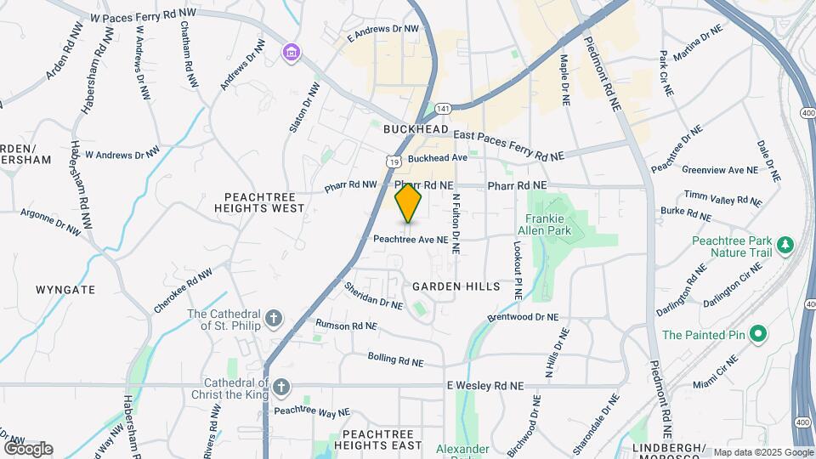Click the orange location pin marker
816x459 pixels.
409,204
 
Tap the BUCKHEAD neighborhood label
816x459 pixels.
415,129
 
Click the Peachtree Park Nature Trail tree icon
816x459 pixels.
786,246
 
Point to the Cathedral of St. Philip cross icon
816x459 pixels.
273,319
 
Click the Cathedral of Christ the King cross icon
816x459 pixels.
281,389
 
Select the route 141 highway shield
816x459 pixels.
441,108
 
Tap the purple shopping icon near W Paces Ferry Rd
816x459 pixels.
292,53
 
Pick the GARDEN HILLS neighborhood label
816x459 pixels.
456,287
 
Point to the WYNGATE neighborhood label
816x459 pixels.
65,290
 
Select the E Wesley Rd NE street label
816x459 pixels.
485,386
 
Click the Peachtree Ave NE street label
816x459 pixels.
411,240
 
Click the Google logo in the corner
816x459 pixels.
28,448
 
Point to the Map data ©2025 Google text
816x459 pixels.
763,452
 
